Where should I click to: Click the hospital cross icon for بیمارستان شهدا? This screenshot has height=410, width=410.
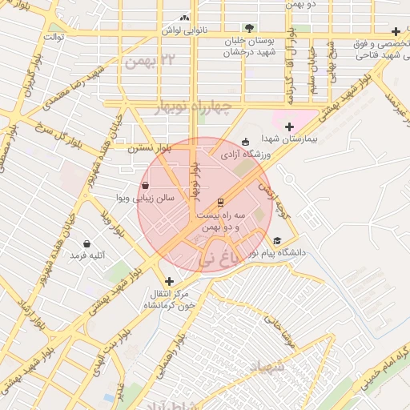(289, 127)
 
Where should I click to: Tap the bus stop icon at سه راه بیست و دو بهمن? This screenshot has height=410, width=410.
(220, 202)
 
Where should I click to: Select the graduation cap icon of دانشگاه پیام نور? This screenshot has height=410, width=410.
(277, 240)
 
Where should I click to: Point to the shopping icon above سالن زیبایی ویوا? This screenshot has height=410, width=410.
(143, 185)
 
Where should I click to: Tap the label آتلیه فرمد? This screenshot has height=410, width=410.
(88, 255)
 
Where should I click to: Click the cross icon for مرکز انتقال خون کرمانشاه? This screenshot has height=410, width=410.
(169, 281)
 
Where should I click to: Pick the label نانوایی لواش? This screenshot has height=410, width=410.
(185, 30)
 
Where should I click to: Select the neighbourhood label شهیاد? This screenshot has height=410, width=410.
(267, 368)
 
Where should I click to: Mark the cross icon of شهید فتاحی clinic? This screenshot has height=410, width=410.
(396, 31)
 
